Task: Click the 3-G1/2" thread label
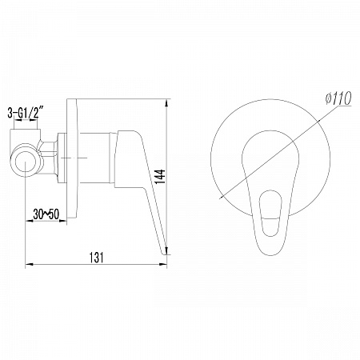click(x=26, y=112)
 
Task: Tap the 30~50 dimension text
click(x=46, y=214)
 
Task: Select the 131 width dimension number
click(x=96, y=258)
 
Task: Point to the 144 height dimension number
click(x=160, y=176)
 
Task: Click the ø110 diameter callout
click(x=338, y=98)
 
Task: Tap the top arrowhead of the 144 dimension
click(x=166, y=103)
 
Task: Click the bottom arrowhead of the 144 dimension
click(x=166, y=250)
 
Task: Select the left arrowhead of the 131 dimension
click(x=29, y=264)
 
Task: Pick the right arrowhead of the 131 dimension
click(x=163, y=264)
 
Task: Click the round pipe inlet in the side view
click(x=26, y=161)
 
